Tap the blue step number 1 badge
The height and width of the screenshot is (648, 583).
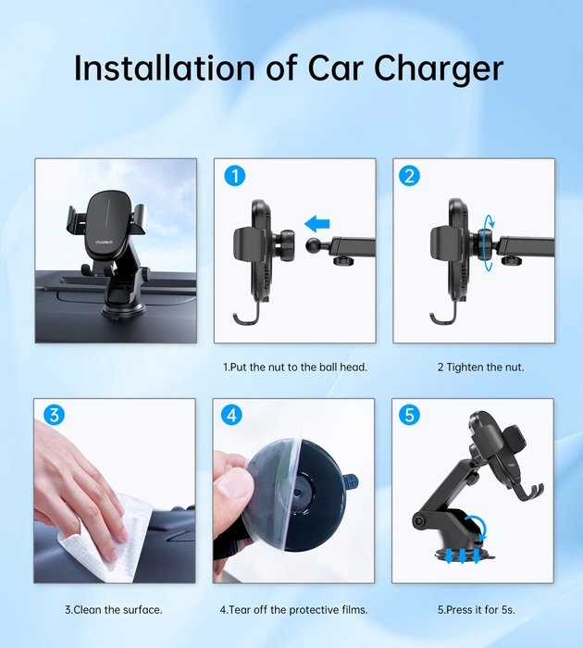235,176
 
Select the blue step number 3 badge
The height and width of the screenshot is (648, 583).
55,416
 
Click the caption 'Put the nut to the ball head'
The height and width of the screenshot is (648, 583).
295,367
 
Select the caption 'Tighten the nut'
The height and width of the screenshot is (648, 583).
480,367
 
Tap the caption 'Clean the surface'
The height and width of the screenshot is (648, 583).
114,609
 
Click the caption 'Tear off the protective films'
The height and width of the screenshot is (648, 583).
293,609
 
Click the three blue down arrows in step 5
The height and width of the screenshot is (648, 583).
459,555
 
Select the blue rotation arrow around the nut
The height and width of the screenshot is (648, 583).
488,243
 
